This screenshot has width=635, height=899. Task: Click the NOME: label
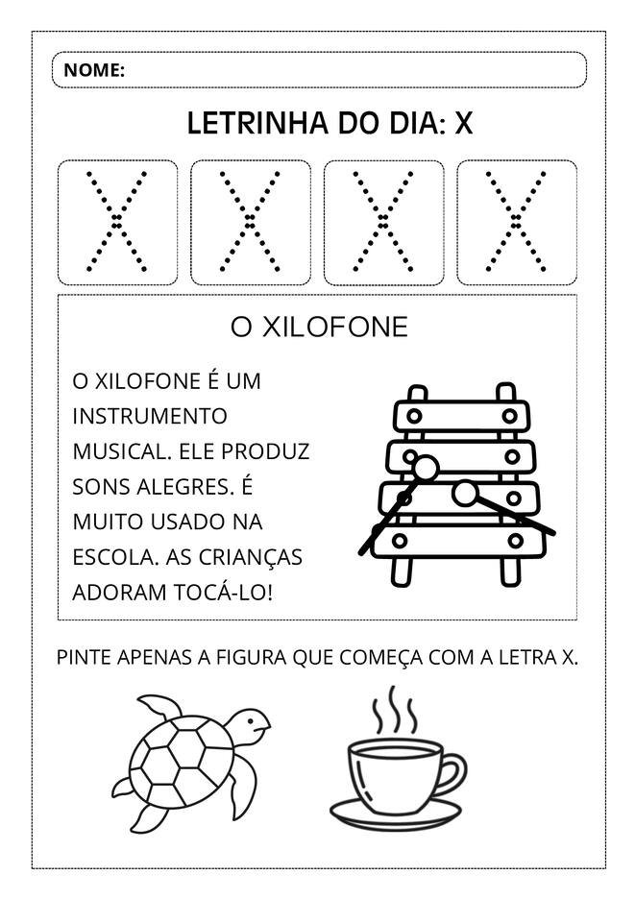click(94, 70)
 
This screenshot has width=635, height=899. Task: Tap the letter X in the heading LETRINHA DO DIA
click(464, 124)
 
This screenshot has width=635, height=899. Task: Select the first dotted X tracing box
click(118, 223)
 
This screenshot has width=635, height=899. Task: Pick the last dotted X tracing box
click(517, 223)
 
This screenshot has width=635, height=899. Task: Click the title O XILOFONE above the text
click(319, 328)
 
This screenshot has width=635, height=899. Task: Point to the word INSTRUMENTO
click(150, 417)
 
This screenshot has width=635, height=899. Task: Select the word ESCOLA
click(107, 557)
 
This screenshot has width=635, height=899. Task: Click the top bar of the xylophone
click(460, 416)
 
